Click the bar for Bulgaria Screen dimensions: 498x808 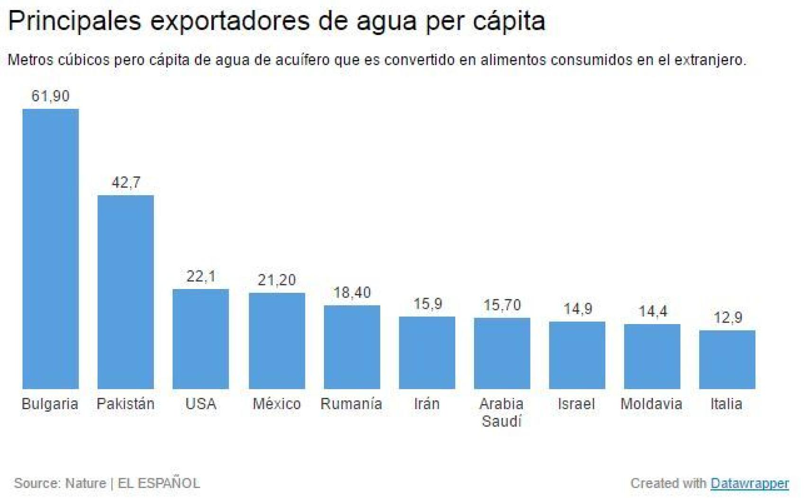(51, 249)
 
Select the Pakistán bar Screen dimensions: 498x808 (126, 292)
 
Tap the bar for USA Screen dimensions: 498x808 (201, 339)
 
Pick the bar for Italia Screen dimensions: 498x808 (727, 360)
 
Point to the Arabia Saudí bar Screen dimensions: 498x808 (502, 353)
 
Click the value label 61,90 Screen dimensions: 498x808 (51, 96)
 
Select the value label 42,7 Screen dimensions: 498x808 (126, 182)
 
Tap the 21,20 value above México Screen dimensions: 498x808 (277, 280)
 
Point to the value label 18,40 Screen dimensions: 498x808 (352, 293)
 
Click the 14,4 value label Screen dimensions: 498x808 (653, 311)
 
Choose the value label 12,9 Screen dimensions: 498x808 (727, 317)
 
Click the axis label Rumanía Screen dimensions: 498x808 (351, 404)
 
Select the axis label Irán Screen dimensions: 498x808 (427, 404)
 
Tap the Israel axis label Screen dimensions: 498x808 (576, 404)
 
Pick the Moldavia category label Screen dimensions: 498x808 (651, 404)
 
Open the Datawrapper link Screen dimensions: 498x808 (750, 483)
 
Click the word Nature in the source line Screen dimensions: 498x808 (85, 483)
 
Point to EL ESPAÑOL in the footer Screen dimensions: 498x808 (159, 483)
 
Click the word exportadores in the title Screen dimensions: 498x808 (231, 21)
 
